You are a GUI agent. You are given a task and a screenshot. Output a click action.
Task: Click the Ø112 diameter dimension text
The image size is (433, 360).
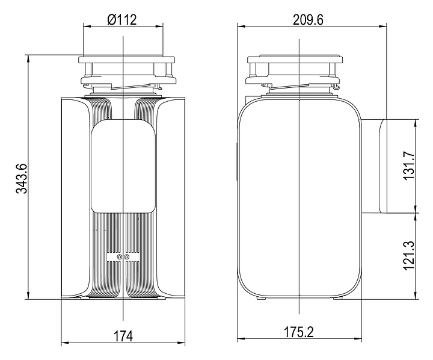point(122,20)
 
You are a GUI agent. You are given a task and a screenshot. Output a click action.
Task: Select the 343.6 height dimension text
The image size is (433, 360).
point(21,178)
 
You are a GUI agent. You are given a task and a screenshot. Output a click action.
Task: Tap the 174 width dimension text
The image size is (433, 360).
point(123,336)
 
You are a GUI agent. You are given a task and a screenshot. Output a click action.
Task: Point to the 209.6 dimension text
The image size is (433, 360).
point(308,20)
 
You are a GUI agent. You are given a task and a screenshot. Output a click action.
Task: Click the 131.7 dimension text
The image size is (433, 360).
point(409,166)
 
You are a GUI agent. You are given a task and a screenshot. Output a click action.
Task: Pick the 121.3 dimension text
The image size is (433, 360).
point(409,255)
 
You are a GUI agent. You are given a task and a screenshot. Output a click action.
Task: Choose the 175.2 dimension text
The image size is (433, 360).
point(299,332)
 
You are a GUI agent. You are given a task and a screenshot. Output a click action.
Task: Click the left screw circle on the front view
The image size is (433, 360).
point(120,257)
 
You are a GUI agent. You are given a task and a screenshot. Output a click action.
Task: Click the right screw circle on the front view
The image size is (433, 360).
point(127,257)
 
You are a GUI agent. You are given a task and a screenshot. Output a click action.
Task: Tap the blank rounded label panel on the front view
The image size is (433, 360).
point(123,166)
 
